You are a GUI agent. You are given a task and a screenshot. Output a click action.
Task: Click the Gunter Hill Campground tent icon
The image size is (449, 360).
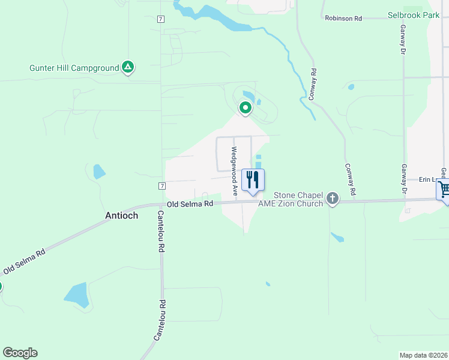click(x=127, y=67)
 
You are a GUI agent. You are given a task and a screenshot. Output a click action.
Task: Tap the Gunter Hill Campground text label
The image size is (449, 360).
click(x=74, y=68)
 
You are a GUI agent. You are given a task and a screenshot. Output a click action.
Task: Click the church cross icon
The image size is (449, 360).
click(x=333, y=198)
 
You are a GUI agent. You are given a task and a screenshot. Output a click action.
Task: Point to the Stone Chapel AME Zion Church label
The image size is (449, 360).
click(x=290, y=199)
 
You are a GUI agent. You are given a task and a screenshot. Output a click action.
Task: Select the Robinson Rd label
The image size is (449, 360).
click(x=343, y=19)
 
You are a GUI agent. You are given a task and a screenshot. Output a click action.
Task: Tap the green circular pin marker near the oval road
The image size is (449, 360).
click(x=245, y=109)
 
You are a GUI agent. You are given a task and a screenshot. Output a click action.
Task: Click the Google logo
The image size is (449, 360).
click(x=20, y=353)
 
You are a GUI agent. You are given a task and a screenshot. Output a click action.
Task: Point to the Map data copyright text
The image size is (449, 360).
click(x=424, y=355)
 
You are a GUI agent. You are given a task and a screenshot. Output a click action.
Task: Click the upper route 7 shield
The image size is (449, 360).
click(x=161, y=19)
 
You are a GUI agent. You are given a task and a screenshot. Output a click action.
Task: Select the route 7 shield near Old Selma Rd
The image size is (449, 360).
click(x=162, y=186)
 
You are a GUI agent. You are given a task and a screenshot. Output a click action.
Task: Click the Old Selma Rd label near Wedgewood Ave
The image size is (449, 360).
click(x=190, y=204)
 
